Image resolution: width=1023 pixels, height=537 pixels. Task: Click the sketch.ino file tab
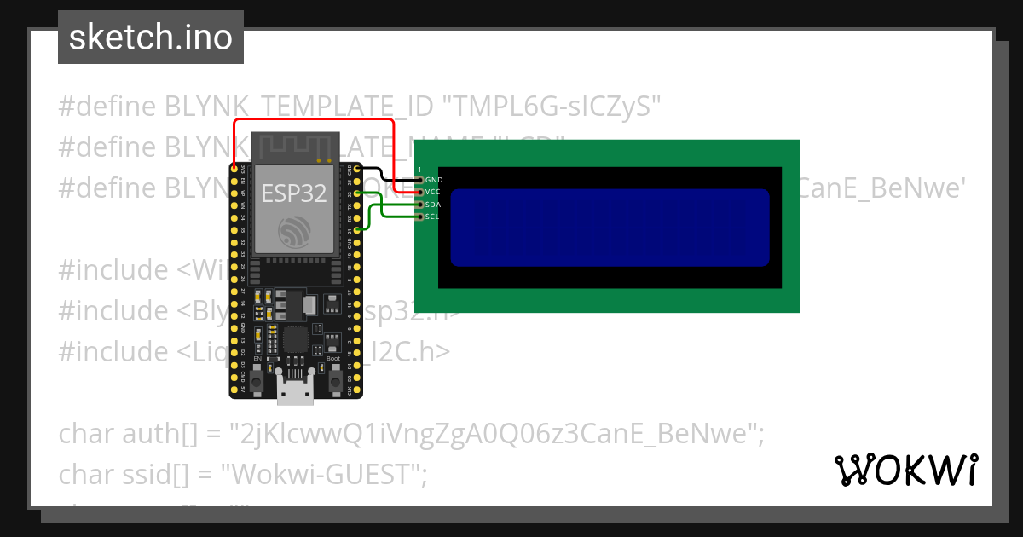pyautogui.click(x=150, y=38)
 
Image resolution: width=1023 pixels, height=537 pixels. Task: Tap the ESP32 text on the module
pyautogui.click(x=294, y=193)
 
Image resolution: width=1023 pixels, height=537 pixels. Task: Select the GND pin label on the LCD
pyautogui.click(x=434, y=181)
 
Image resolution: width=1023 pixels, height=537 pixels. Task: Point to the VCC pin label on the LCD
pyautogui.click(x=433, y=193)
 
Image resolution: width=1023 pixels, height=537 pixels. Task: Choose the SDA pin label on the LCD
pyautogui.click(x=433, y=205)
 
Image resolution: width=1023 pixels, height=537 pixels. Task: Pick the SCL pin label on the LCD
pyautogui.click(x=432, y=217)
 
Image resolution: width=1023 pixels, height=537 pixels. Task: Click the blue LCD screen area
pyautogui.click(x=610, y=228)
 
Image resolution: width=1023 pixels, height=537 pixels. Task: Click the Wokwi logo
pyautogui.click(x=906, y=470)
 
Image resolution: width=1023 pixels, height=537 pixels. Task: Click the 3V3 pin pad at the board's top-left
pyautogui.click(x=234, y=170)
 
